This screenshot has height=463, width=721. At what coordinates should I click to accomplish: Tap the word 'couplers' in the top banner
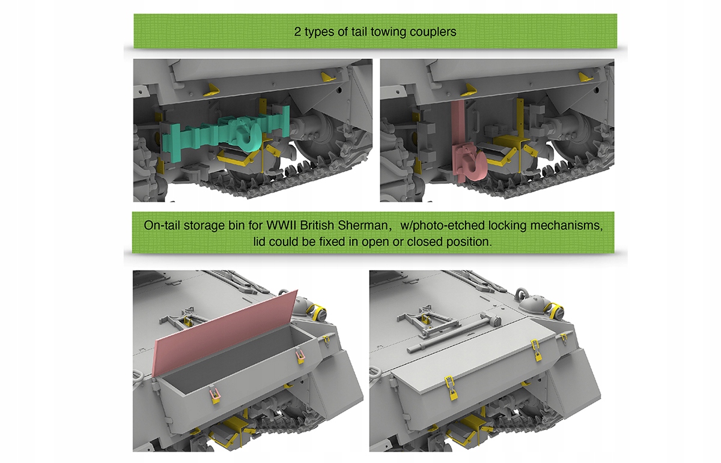pos(433,32)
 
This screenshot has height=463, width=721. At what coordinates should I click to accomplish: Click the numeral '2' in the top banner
pos(297,32)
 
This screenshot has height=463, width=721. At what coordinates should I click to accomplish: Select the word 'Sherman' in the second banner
pos(362,225)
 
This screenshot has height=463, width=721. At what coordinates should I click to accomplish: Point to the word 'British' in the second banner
pos(317,225)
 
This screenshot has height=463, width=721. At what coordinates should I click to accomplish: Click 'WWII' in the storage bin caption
pos(281,225)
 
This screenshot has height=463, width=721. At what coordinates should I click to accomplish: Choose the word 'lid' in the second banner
pos(260,241)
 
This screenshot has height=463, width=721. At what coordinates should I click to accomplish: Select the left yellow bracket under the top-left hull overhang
pos(210,91)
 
